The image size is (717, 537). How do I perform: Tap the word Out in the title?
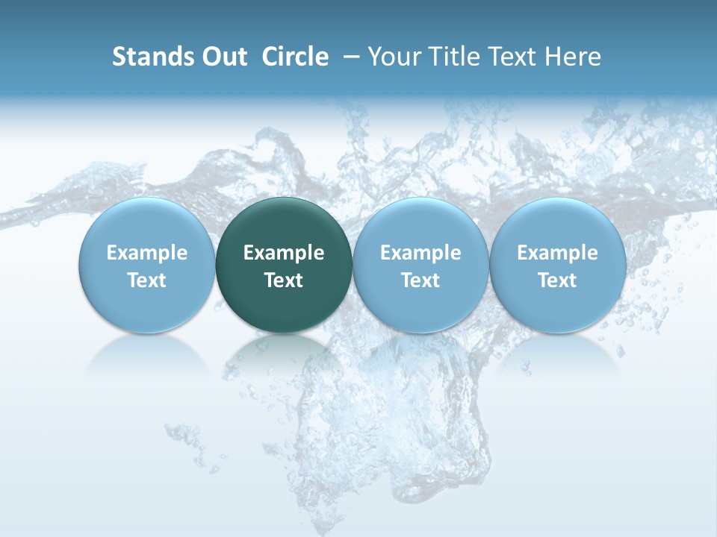point(223,57)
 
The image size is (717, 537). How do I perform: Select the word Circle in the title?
point(295,57)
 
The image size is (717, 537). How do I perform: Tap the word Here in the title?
point(573,57)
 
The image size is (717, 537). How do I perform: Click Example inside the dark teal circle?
point(284,253)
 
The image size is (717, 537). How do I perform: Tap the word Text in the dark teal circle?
point(284,280)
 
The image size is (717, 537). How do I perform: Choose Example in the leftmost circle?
point(147,253)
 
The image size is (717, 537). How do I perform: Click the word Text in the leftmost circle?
point(147,280)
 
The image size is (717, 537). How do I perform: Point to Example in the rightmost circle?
point(557,253)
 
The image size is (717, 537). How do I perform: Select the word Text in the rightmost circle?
point(557,280)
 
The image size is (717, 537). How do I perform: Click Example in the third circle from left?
point(420,253)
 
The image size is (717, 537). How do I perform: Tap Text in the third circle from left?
point(420,280)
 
